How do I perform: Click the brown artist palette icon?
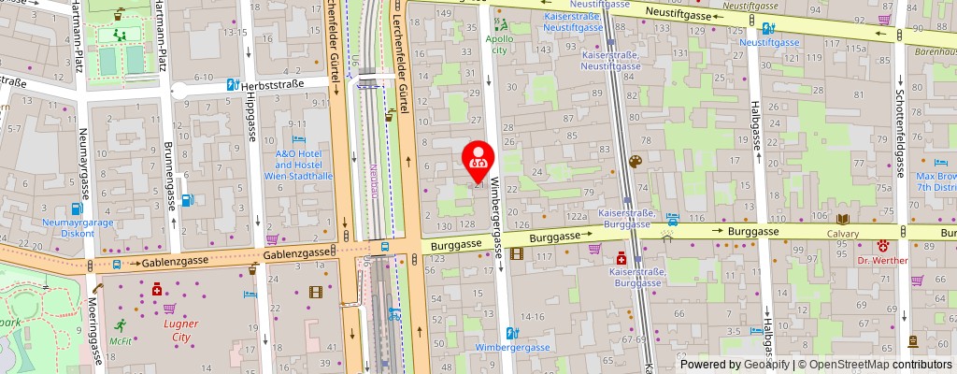coord(636,163)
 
